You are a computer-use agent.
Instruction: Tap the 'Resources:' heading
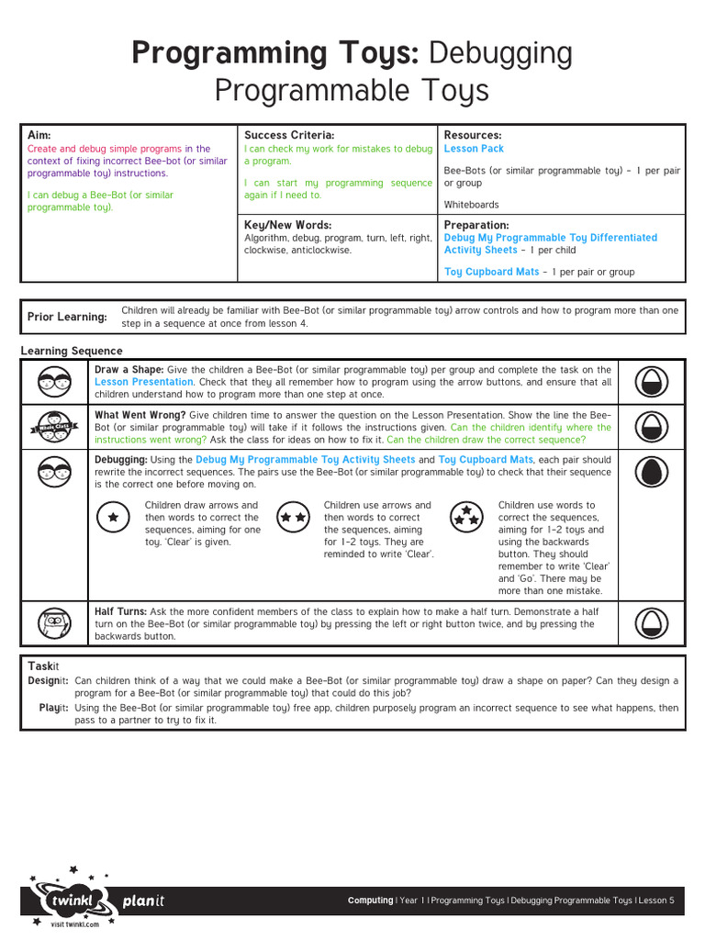472,136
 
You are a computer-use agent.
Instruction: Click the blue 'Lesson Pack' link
474,149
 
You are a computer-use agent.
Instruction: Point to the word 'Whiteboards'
471,205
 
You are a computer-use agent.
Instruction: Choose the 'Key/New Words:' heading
287,225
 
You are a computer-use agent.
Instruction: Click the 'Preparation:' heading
476,225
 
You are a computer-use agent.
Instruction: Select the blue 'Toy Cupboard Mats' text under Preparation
492,272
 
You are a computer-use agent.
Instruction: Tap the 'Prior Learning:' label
67,317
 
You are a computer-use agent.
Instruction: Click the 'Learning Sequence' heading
72,351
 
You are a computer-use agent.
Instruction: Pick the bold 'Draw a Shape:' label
129,369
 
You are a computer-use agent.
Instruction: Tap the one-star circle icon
113,518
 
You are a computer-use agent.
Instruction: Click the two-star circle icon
293,518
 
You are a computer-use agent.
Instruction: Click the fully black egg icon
652,472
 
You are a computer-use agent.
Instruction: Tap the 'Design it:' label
48,681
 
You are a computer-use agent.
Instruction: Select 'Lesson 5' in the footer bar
656,901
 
